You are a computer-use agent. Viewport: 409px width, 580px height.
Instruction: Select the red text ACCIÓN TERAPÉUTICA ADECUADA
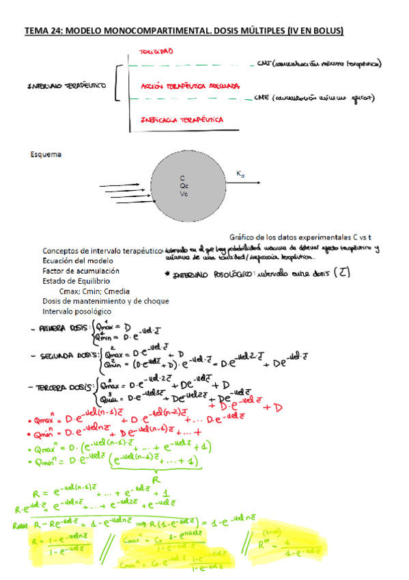pyautogui.click(x=189, y=87)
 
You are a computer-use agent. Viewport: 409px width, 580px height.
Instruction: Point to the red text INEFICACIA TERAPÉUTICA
pyautogui.click(x=182, y=120)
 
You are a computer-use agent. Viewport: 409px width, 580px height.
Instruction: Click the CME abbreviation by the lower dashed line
pyautogui.click(x=261, y=98)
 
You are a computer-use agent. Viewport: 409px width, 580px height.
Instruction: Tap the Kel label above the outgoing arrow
pyautogui.click(x=240, y=174)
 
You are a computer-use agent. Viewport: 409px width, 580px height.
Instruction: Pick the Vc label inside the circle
pyautogui.click(x=184, y=194)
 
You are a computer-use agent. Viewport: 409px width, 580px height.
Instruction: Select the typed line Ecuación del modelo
pyautogui.click(x=78, y=261)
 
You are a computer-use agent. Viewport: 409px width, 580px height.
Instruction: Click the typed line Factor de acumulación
pyautogui.click(x=81, y=271)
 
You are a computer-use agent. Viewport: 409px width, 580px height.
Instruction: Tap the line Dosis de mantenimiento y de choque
pyautogui.click(x=105, y=300)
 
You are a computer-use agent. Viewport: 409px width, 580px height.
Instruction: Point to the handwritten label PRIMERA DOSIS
pyautogui.click(x=63, y=328)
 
